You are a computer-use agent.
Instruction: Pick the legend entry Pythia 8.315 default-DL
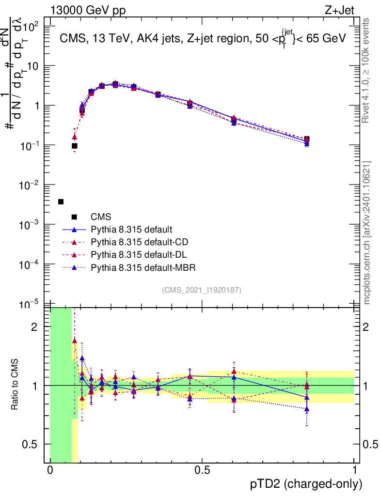(x=138, y=254)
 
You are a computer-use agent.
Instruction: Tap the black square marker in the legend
(x=74, y=217)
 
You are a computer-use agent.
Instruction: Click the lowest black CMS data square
(x=61, y=201)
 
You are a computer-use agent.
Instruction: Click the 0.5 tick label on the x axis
(x=202, y=470)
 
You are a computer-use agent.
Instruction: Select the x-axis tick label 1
(x=354, y=470)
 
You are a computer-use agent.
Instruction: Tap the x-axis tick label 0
(x=50, y=470)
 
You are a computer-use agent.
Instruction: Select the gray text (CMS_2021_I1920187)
(x=202, y=290)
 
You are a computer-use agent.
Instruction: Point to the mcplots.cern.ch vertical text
(x=367, y=232)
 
